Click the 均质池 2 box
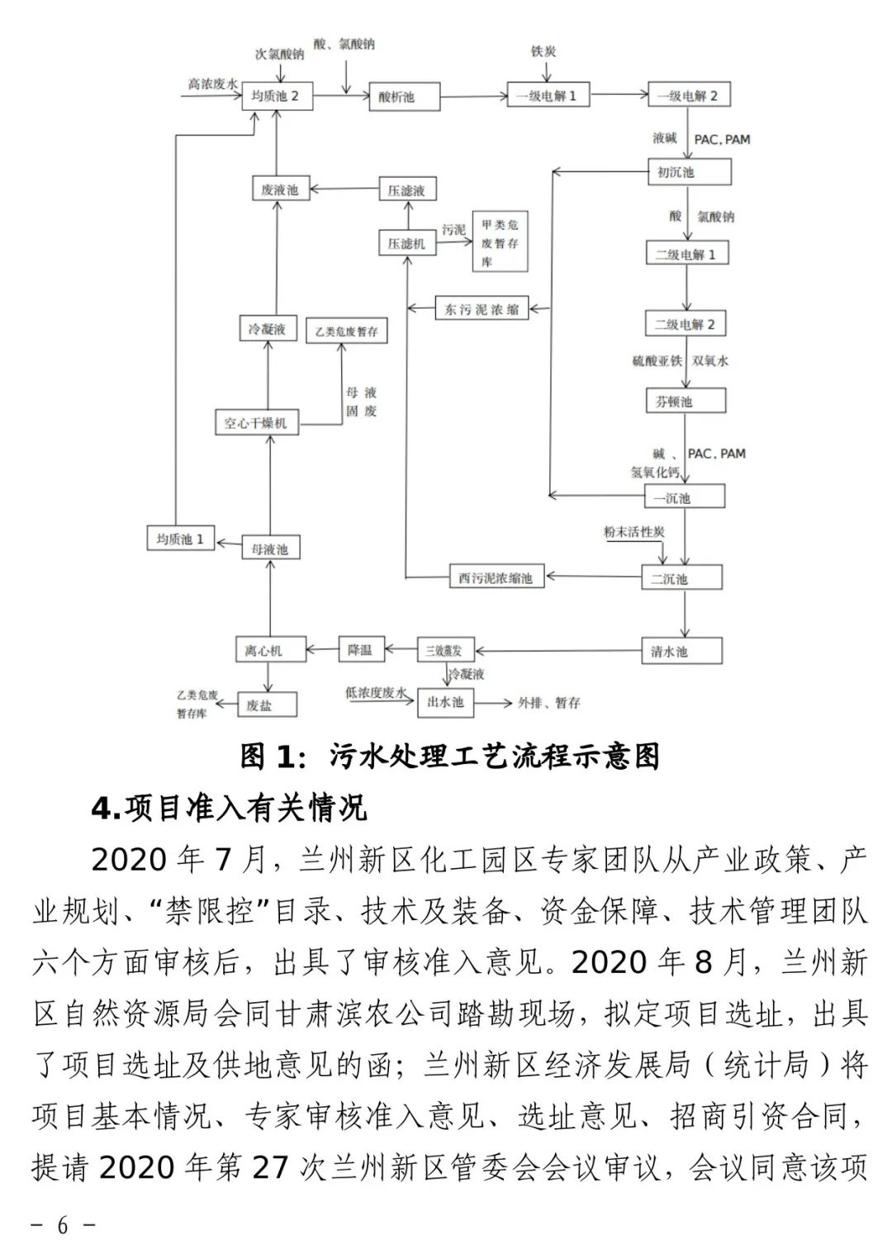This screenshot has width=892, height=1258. click(275, 97)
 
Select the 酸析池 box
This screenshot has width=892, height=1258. click(404, 97)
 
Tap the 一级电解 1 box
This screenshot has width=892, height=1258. click(547, 96)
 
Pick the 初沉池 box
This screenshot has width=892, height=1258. click(688, 173)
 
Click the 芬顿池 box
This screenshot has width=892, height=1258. click(685, 401)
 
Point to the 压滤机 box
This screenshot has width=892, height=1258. click(406, 244)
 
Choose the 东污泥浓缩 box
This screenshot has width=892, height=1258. click(482, 309)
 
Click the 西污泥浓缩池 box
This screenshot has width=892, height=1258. click(496, 578)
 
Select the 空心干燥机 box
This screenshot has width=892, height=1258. click(256, 423)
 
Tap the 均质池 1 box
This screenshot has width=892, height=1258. click(180, 539)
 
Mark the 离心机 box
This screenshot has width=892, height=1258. click(263, 651)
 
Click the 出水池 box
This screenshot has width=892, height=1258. click(446, 702)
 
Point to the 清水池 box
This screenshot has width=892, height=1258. click(682, 651)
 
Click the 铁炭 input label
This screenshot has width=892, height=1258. click(543, 51)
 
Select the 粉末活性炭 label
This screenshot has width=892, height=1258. click(633, 533)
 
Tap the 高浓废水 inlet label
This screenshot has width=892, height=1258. click(212, 83)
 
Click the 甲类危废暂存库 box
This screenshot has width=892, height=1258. click(500, 242)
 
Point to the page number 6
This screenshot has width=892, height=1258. click(63, 1225)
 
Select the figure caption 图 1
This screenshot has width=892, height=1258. click(450, 756)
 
